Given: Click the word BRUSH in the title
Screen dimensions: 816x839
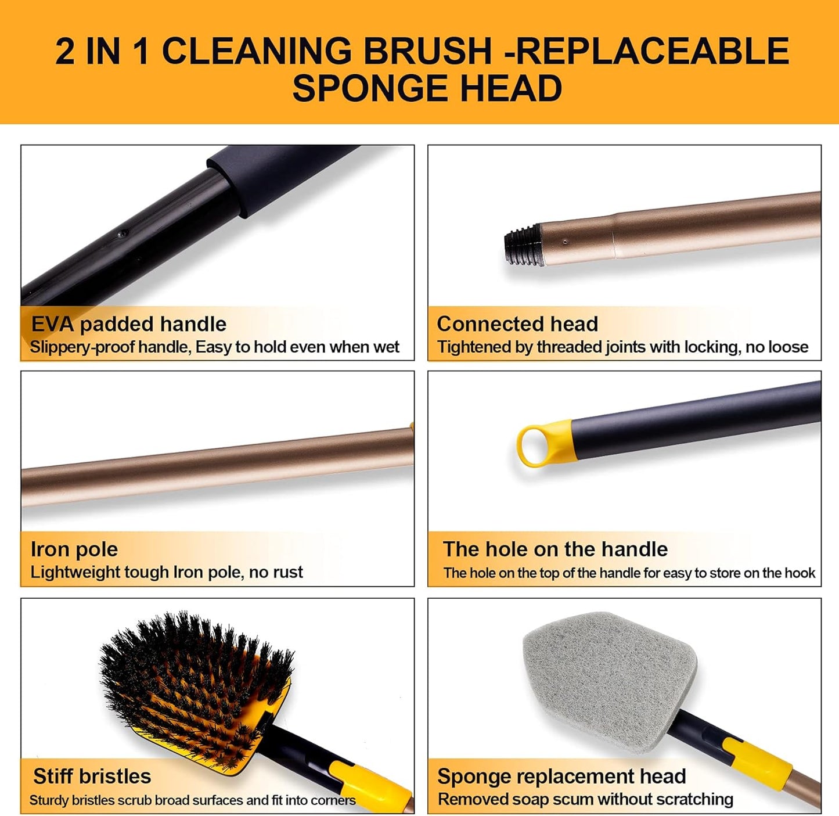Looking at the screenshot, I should coord(427,51).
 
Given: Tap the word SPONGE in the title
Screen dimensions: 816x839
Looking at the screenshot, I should coord(370,88).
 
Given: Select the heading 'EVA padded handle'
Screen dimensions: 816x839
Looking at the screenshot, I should coord(128,324).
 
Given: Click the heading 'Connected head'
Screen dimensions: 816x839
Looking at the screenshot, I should coord(517,324).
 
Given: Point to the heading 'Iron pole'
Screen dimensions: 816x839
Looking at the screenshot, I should coord(74,549).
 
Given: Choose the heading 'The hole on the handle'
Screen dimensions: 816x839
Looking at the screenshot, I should coord(555,549).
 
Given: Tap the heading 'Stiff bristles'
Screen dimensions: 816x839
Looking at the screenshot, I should coord(92,777).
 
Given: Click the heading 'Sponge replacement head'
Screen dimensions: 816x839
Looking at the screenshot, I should coord(561,777).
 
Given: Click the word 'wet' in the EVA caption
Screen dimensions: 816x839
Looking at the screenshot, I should coord(386,347).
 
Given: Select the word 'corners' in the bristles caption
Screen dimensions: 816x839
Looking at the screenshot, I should coord(333,800).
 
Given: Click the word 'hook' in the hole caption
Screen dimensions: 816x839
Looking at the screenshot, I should coord(800,573).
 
